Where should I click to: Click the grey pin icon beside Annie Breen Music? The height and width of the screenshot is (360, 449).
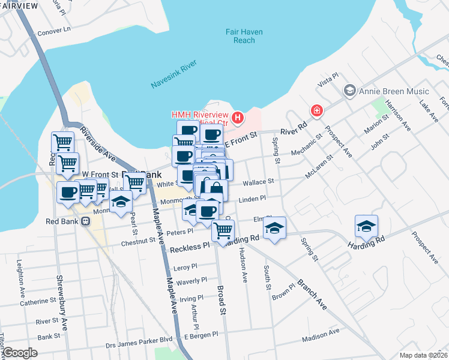click(x=349, y=91)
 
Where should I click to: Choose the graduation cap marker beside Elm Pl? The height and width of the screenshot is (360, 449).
click(x=275, y=228)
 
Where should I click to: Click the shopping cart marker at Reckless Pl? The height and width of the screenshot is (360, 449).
click(x=223, y=230)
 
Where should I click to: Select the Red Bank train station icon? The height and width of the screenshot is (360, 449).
click(x=85, y=221)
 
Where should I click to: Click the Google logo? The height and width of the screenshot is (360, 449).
click(x=20, y=352)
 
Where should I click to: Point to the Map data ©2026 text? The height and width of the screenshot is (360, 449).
click(x=423, y=355)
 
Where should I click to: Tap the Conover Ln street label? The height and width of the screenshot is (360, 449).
click(x=54, y=28)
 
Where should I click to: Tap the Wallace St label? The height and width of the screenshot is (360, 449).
click(x=258, y=181)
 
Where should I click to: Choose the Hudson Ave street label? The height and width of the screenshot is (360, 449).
click(x=244, y=265)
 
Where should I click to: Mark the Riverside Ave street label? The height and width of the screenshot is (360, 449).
click(x=97, y=144)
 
